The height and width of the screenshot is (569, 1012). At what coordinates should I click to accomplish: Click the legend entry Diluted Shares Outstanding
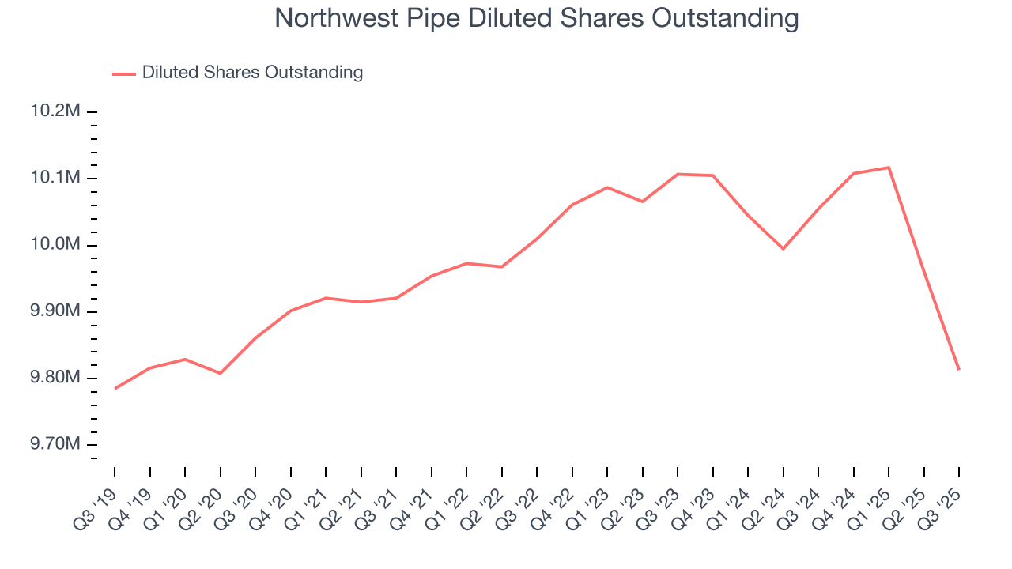click(252, 73)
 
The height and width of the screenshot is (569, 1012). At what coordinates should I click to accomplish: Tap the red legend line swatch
click(124, 73)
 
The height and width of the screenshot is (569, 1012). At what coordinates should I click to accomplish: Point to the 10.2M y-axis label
click(55, 111)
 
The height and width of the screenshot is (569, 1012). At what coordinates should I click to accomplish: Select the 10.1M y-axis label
click(55, 178)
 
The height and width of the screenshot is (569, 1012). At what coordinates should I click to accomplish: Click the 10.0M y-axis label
click(55, 245)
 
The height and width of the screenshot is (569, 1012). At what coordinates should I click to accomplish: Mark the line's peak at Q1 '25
click(889, 168)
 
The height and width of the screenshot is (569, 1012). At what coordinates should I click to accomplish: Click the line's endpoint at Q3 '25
click(959, 369)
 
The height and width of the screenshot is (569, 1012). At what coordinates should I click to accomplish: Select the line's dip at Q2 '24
click(784, 249)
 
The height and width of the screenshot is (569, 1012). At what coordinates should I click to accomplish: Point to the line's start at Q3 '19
click(115, 389)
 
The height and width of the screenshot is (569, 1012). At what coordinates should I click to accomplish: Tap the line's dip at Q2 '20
click(220, 373)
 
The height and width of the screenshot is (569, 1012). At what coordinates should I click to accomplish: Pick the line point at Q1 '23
click(607, 187)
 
